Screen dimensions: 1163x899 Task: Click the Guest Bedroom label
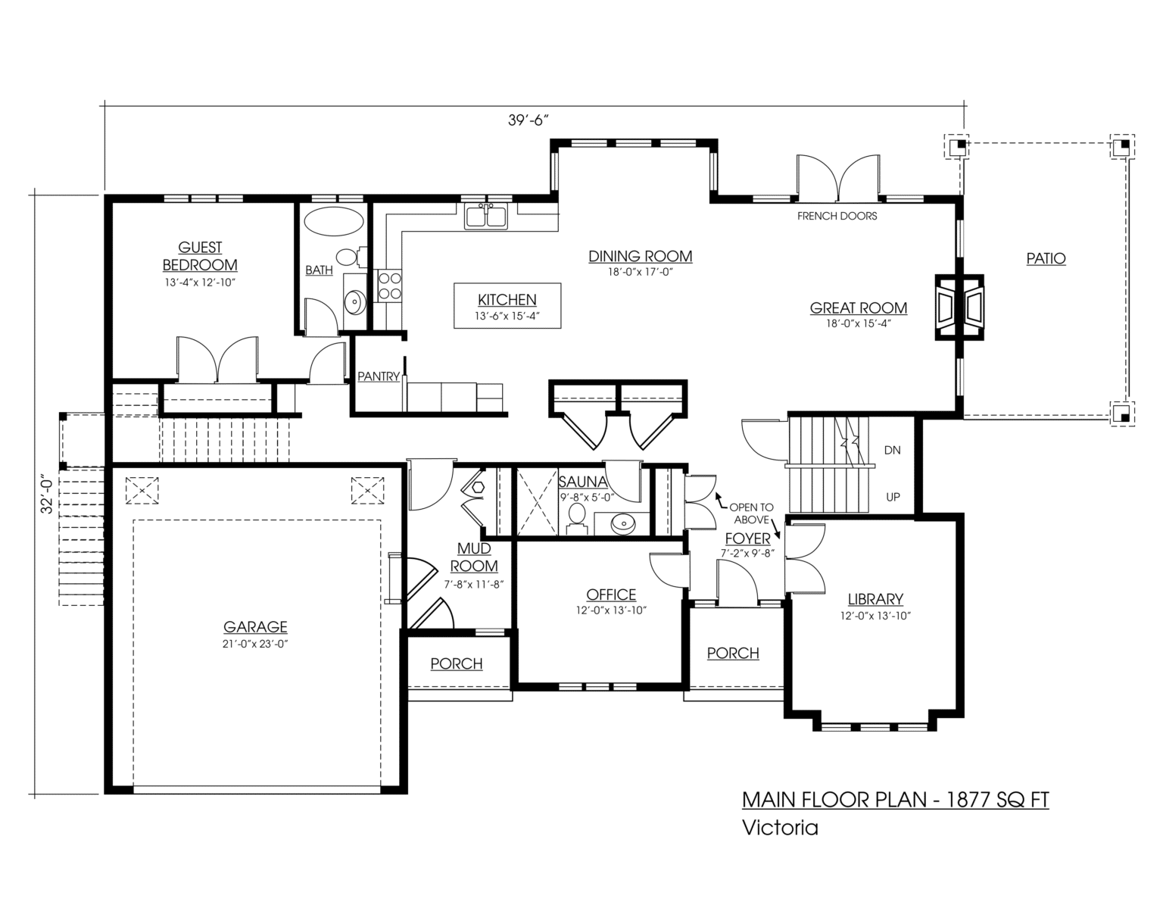point(200,256)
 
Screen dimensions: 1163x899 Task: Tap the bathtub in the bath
point(334,221)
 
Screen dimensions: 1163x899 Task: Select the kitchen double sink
point(486,217)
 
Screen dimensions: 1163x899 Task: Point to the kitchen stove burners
point(390,286)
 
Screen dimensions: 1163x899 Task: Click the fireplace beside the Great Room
point(959,307)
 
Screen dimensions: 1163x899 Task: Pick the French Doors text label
point(837,216)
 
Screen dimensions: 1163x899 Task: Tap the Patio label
point(1046,258)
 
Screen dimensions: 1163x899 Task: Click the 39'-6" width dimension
point(528,120)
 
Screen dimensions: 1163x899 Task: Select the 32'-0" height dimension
point(48,495)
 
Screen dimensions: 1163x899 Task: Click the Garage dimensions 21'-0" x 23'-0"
point(255,645)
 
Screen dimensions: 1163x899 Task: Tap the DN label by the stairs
point(892,450)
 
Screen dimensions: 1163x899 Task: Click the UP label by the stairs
point(893,497)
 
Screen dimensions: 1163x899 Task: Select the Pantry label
point(379,376)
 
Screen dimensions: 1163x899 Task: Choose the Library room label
point(875,599)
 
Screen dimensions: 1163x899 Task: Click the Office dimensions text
point(611,610)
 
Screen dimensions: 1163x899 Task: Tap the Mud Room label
point(474,557)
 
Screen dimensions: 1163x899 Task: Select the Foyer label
point(747,538)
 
